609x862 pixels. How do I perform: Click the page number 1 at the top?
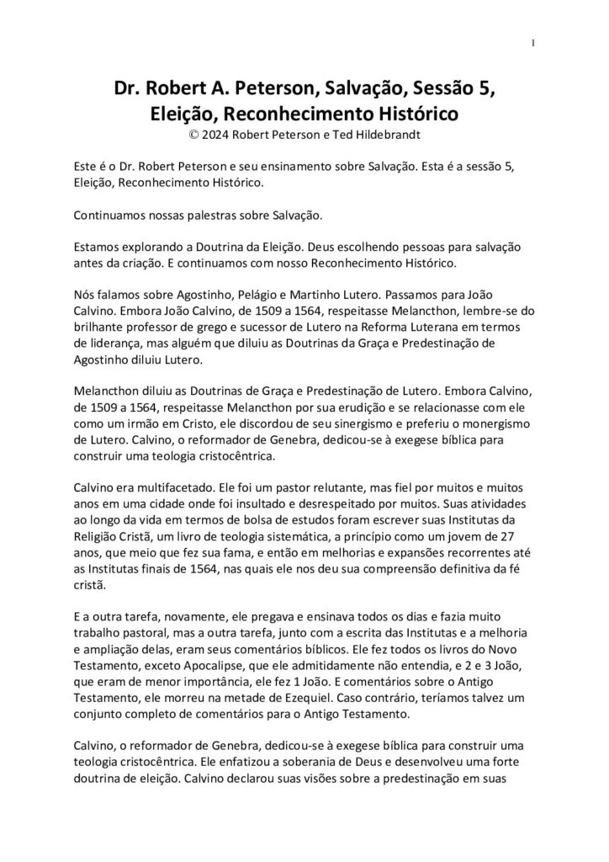[x=533, y=44]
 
